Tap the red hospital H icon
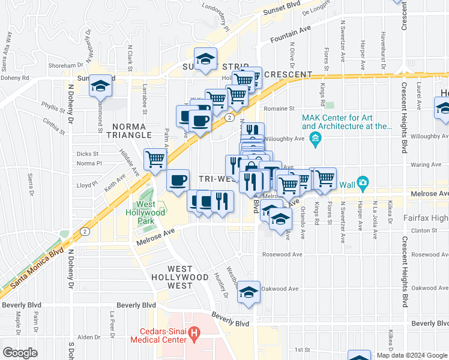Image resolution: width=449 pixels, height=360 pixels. tap(193, 332)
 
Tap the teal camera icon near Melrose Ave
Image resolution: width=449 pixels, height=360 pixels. tap(362, 182)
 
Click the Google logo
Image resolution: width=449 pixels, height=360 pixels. tap(20, 353)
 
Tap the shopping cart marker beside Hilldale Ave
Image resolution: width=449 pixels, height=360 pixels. tap(155, 159)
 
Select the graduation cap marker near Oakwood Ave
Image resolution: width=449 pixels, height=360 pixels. tap(249, 292)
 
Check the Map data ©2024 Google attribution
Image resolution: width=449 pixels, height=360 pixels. tap(411, 355)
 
